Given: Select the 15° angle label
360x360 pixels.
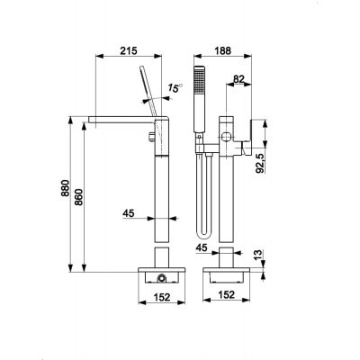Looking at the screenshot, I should point(175,88).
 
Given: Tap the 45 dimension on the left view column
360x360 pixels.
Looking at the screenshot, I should point(130,214).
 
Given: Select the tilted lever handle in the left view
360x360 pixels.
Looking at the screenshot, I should point(148,91).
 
